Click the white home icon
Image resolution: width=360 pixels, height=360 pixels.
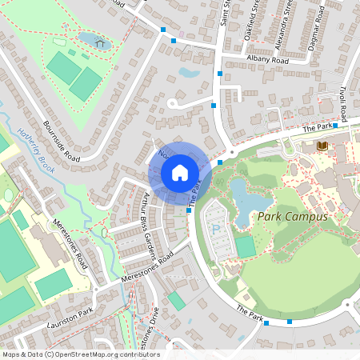click(179, 172)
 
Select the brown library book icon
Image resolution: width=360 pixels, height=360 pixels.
click(322, 146)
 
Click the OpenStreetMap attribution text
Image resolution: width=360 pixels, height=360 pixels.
click(80, 354)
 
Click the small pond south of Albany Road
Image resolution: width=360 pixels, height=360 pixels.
click(190, 73)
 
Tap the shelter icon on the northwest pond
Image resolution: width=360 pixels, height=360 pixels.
click(100, 42)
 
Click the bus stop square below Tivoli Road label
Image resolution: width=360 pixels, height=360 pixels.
click(336, 126)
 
